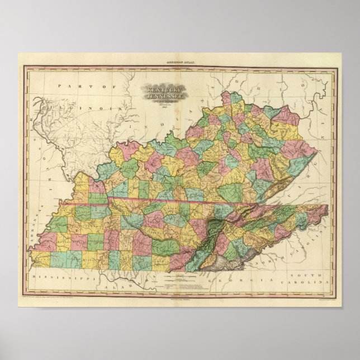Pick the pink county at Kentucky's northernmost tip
pyautogui.click(x=226, y=99)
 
